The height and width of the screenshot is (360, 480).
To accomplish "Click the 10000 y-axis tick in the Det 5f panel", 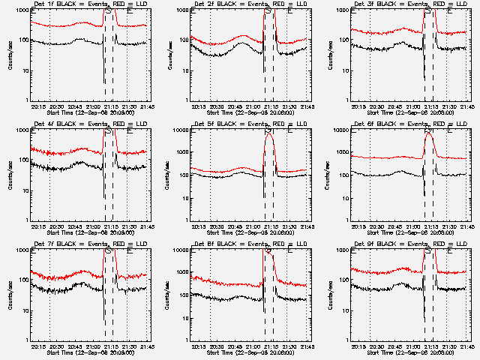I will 178,130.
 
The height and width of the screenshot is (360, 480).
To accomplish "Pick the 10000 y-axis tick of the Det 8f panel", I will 178,250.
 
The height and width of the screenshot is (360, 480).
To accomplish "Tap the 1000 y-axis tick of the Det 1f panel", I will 20,10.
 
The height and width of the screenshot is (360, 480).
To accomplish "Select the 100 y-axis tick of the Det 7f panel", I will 21,280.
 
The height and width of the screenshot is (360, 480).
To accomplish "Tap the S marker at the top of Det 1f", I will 109,11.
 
